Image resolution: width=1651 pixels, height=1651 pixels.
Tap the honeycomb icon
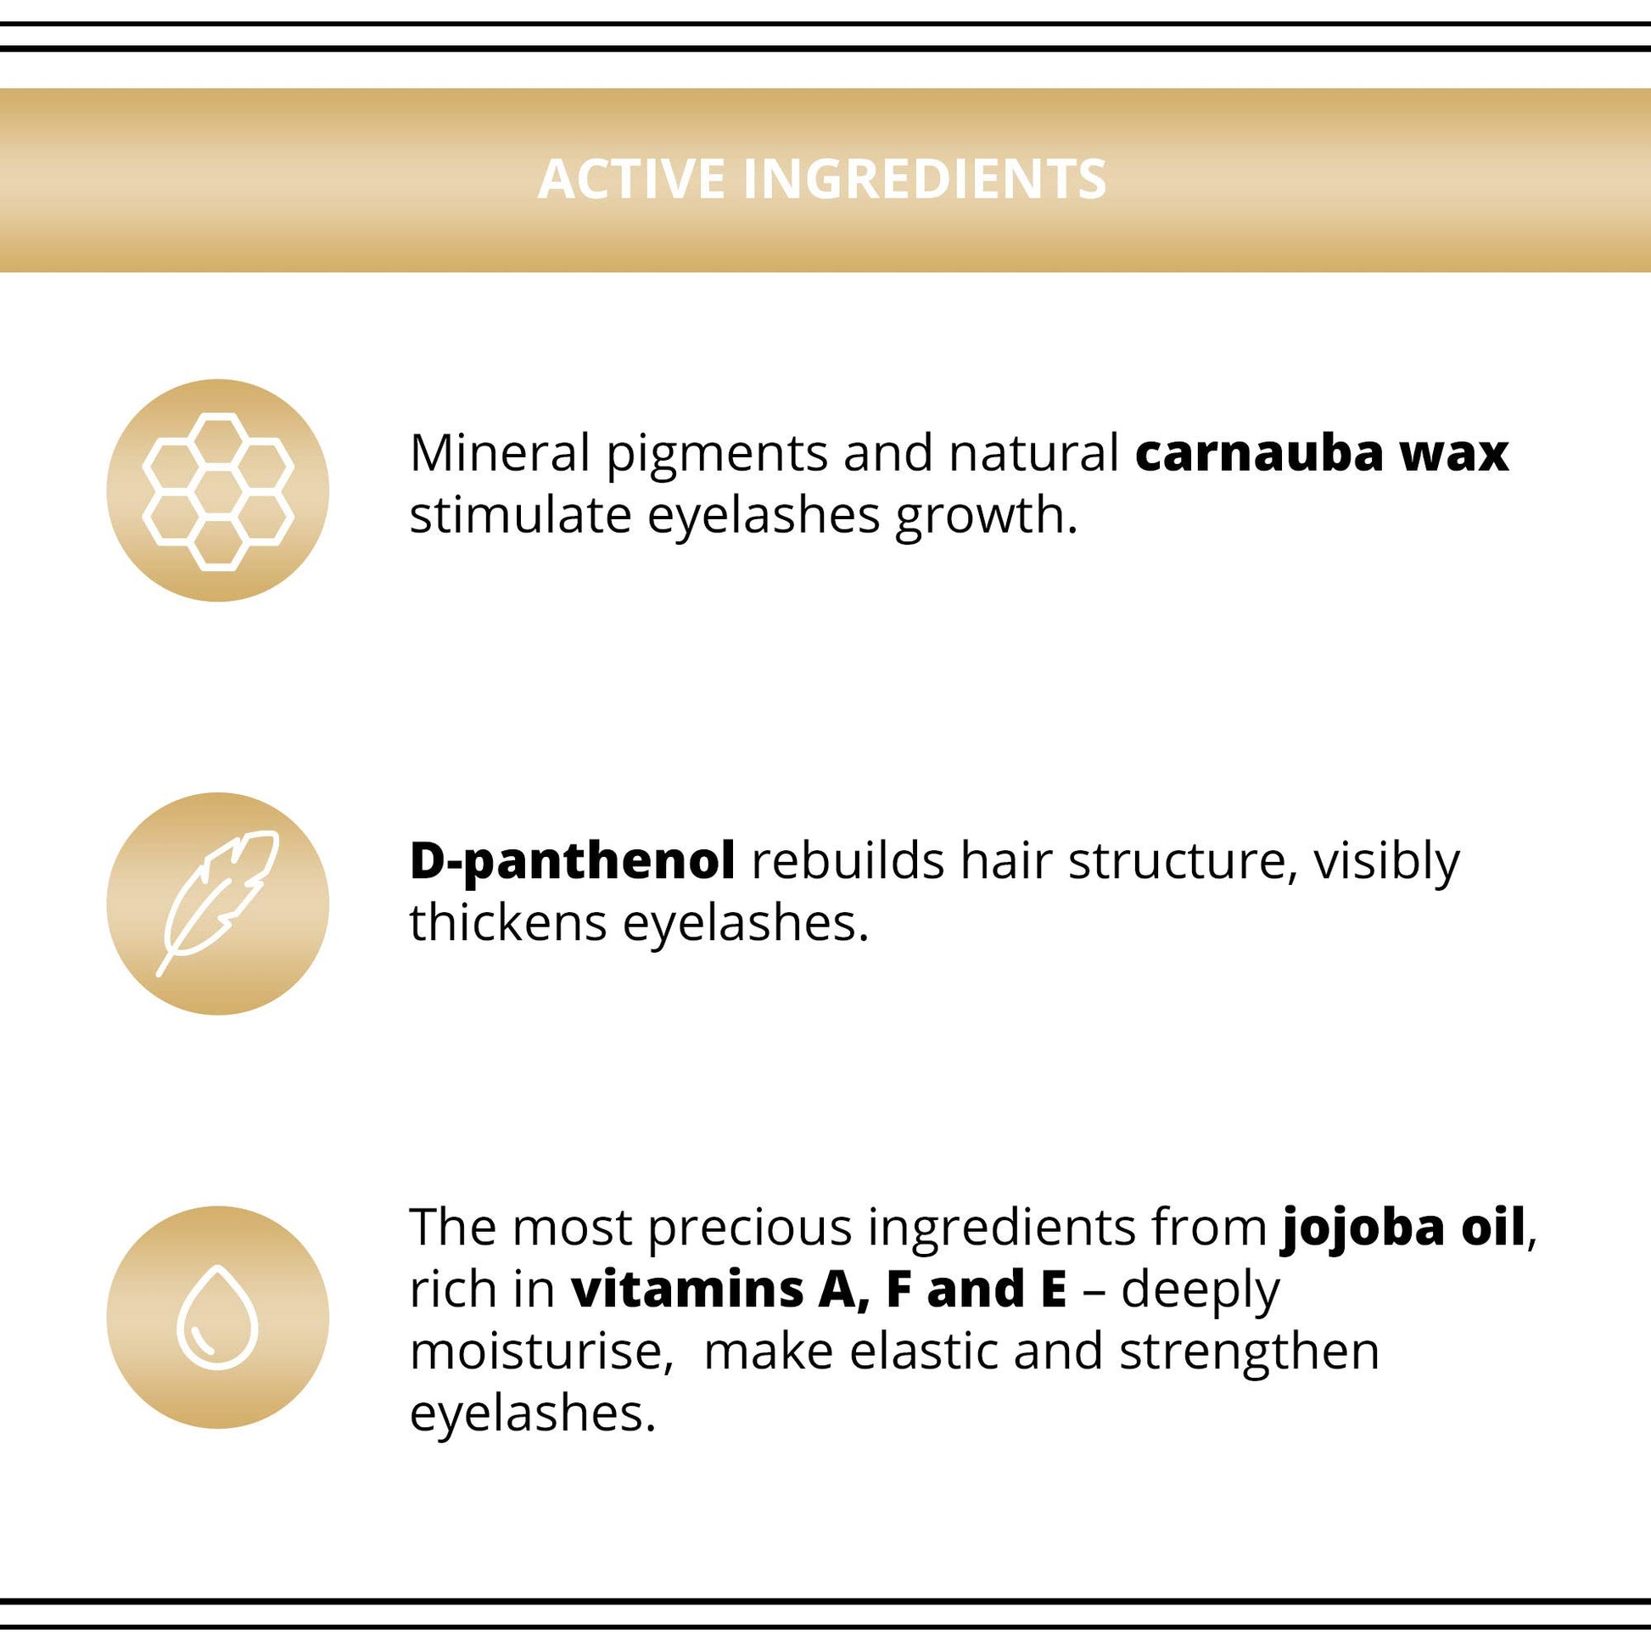[218, 491]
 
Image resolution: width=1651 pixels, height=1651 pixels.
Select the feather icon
[218, 903]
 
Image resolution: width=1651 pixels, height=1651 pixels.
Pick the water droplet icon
[217, 1317]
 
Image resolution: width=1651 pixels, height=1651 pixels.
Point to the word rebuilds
[848, 860]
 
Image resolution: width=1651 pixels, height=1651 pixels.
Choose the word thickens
[507, 923]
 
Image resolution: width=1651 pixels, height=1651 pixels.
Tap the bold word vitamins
[688, 1290]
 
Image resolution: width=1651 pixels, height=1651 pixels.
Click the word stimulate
[520, 515]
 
